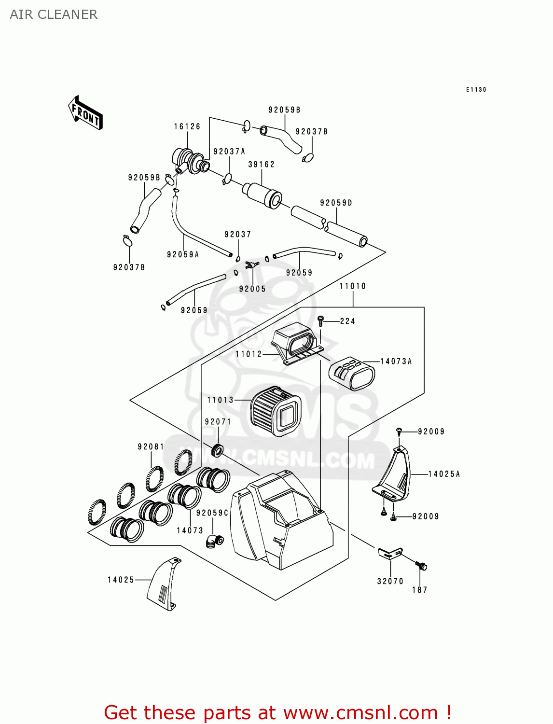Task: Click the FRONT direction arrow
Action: (85, 112)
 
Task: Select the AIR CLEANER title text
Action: (54, 14)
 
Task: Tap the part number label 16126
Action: (187, 126)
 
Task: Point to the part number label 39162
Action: (262, 165)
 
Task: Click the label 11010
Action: (353, 286)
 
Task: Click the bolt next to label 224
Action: (320, 321)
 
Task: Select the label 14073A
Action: (396, 362)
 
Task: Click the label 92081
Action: (151, 447)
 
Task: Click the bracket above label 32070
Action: (390, 554)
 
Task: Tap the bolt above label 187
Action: (421, 566)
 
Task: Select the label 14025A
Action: (444, 474)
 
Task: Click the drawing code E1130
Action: (476, 90)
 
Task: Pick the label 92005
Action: (252, 289)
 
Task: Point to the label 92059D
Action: (336, 203)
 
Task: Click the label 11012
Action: (249, 354)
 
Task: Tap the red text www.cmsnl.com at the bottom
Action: (360, 713)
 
